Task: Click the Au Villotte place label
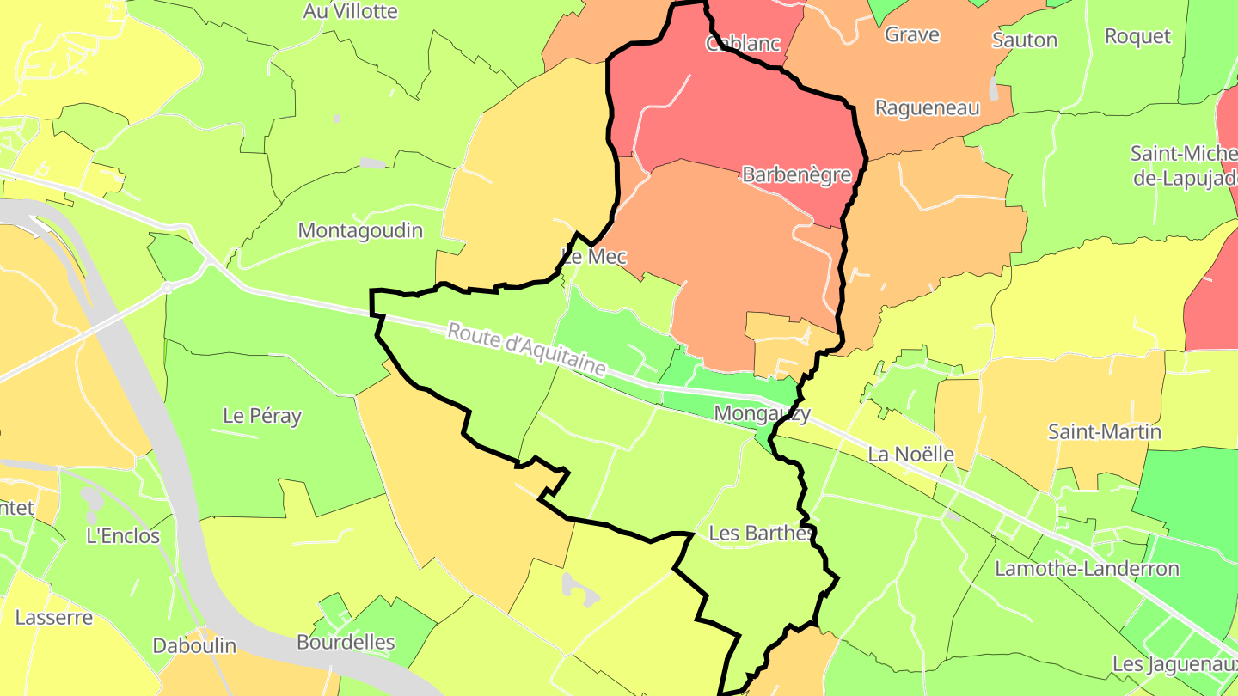[x=351, y=12]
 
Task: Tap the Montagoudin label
[x=360, y=231]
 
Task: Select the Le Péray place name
[x=262, y=416]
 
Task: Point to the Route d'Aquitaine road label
[x=526, y=350]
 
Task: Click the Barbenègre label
[x=796, y=175]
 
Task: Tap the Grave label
[x=911, y=35]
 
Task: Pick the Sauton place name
[x=1025, y=40]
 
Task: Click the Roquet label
[x=1137, y=36]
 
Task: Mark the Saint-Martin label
[x=1105, y=432]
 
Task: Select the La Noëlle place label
[x=911, y=455]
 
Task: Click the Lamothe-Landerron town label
[x=1087, y=569]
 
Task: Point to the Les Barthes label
[x=760, y=534]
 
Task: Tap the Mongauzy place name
[x=762, y=414]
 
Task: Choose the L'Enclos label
[x=123, y=536]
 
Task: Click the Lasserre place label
[x=53, y=618]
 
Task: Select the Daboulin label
[x=194, y=646]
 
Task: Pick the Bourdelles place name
[x=346, y=643]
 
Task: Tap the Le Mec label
[x=594, y=257]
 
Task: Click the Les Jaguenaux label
[x=1174, y=664]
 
